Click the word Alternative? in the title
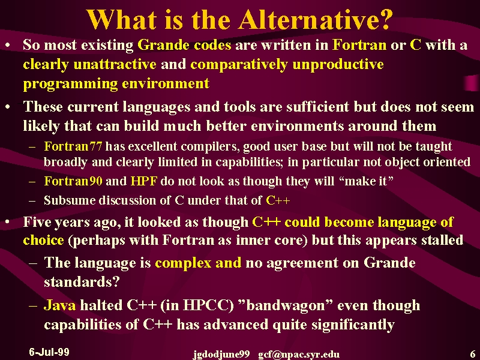click(316, 19)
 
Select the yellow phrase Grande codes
click(184, 45)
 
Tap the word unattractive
click(115, 64)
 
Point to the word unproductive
click(338, 65)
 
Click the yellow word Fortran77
click(73, 146)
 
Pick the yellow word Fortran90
click(73, 181)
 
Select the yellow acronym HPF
click(144, 181)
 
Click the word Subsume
click(69, 200)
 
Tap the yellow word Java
click(59, 305)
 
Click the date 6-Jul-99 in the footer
click(49, 352)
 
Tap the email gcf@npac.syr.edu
click(299, 355)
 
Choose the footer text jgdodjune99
click(221, 355)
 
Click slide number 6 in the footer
click(472, 353)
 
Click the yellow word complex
click(183, 263)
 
